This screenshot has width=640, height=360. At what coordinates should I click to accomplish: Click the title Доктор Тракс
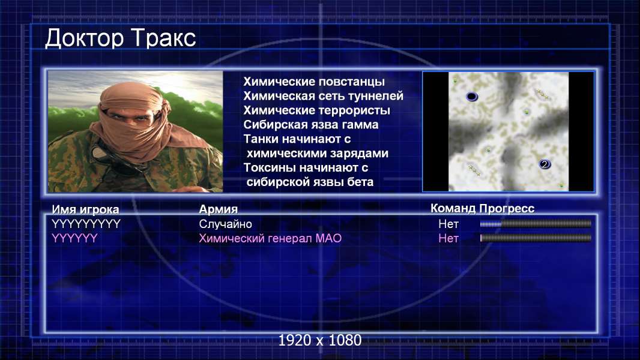click(121, 38)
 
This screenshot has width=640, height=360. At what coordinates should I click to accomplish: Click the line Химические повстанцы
click(314, 82)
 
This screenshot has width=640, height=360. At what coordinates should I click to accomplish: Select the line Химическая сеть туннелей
click(323, 96)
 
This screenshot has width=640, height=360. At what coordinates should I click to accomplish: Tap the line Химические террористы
click(317, 110)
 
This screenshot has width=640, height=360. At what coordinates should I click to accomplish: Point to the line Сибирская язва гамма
click(311, 124)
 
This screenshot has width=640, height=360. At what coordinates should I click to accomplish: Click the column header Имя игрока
click(85, 209)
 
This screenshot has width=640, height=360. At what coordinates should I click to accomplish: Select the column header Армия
click(219, 209)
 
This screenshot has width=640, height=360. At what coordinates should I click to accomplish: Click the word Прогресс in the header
click(507, 209)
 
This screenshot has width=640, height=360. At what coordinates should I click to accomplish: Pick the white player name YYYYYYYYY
click(86, 224)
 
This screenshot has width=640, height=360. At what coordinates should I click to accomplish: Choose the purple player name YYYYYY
click(74, 238)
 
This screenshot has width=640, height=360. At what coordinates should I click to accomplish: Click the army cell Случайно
click(225, 224)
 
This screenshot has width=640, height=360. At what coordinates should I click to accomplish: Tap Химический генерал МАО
click(270, 238)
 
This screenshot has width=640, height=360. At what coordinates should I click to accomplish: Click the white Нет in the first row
click(448, 224)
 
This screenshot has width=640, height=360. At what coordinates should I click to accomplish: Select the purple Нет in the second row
click(448, 238)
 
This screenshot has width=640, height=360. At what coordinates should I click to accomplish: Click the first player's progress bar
click(536, 223)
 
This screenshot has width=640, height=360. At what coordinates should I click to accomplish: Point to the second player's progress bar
click(536, 238)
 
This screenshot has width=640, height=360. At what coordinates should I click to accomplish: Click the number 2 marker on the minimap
click(544, 164)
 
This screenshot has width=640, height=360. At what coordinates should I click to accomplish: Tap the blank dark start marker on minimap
click(472, 97)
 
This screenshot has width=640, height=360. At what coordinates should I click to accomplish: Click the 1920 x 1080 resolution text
click(320, 340)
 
